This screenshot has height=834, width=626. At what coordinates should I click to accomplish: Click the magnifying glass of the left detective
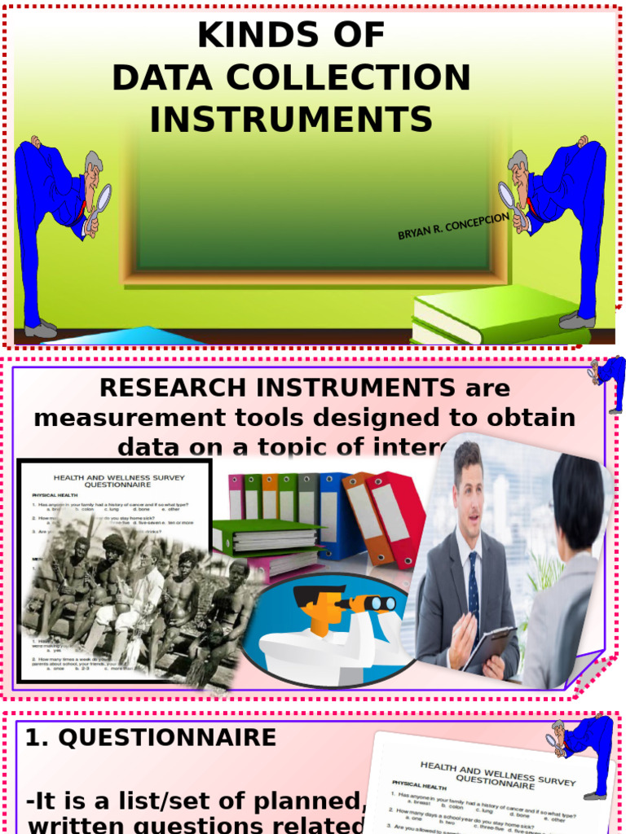103,198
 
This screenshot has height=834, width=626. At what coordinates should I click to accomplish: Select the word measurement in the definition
117,418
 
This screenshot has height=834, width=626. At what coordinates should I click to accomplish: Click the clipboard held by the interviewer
489,647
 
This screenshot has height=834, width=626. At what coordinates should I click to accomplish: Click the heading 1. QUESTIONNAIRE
151,738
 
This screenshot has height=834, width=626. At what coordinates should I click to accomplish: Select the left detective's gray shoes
40,329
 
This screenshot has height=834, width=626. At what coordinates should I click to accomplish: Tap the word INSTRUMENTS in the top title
291,120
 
